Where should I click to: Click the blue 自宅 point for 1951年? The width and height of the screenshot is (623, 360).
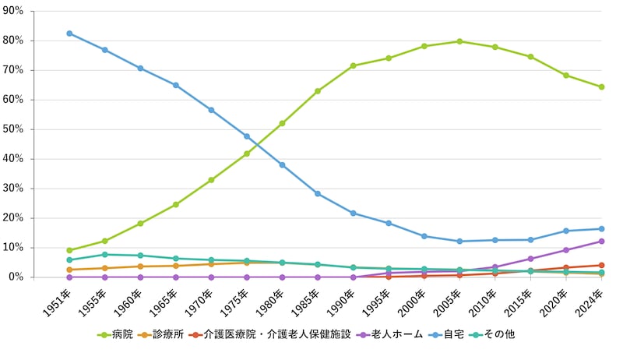[69, 34]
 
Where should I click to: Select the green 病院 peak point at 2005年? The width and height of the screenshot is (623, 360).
[459, 41]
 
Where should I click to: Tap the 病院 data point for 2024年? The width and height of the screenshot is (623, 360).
[601, 86]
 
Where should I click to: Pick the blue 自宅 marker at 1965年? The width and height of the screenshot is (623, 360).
[176, 85]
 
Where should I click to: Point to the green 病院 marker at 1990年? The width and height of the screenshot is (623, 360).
[353, 65]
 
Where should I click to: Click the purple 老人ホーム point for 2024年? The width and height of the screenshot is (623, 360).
[601, 241]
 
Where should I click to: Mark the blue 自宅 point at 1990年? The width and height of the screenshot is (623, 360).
[353, 213]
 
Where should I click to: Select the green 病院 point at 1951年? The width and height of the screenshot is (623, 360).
[69, 250]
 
